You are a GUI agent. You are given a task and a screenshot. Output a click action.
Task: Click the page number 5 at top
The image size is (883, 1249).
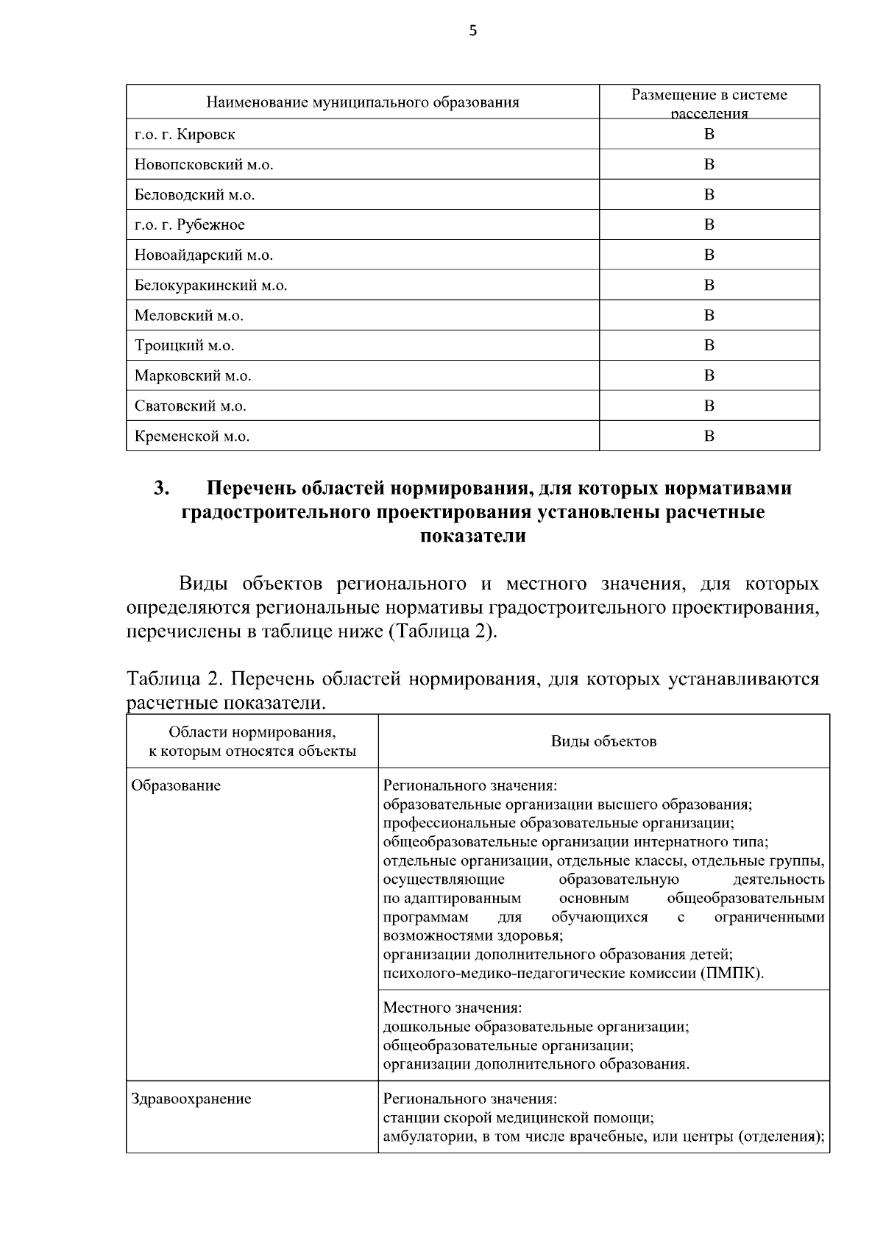click(472, 30)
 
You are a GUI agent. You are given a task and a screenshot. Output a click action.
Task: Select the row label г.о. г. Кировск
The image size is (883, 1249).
click(185, 135)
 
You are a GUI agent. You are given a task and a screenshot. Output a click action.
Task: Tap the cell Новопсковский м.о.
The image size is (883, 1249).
click(204, 165)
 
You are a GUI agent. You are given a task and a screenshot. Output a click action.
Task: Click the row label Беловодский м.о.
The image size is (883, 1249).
click(194, 195)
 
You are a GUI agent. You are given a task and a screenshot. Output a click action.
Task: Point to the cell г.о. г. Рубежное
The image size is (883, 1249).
click(190, 224)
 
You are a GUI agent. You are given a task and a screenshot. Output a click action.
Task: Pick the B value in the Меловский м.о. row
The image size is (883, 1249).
click(709, 315)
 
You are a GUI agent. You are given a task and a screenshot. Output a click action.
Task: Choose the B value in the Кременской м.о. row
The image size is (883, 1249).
click(709, 436)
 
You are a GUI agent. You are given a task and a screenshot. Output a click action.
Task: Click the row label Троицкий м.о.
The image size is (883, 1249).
click(184, 346)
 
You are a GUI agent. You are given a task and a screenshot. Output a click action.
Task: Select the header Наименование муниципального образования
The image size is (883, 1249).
click(362, 102)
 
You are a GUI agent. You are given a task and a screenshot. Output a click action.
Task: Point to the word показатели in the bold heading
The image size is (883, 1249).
click(472, 536)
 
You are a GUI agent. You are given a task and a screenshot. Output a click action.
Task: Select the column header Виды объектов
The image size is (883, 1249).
click(603, 741)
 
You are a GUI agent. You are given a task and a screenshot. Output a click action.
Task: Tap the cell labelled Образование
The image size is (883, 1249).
click(176, 785)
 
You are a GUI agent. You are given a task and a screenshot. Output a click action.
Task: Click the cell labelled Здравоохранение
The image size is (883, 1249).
click(191, 1099)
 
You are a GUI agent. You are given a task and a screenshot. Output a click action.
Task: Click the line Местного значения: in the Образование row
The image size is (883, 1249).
click(453, 1007)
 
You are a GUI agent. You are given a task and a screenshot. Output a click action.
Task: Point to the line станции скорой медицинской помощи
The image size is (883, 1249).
click(519, 1118)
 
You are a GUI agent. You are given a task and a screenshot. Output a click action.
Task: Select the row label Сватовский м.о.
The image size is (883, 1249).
click(190, 406)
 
